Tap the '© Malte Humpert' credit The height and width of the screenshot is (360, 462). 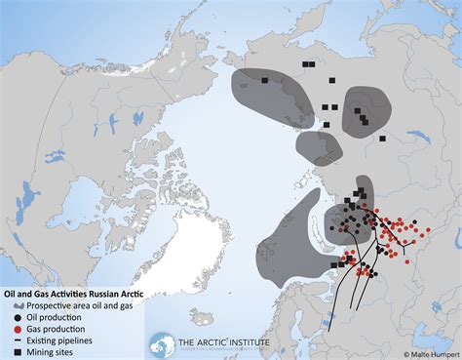(430, 354)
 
